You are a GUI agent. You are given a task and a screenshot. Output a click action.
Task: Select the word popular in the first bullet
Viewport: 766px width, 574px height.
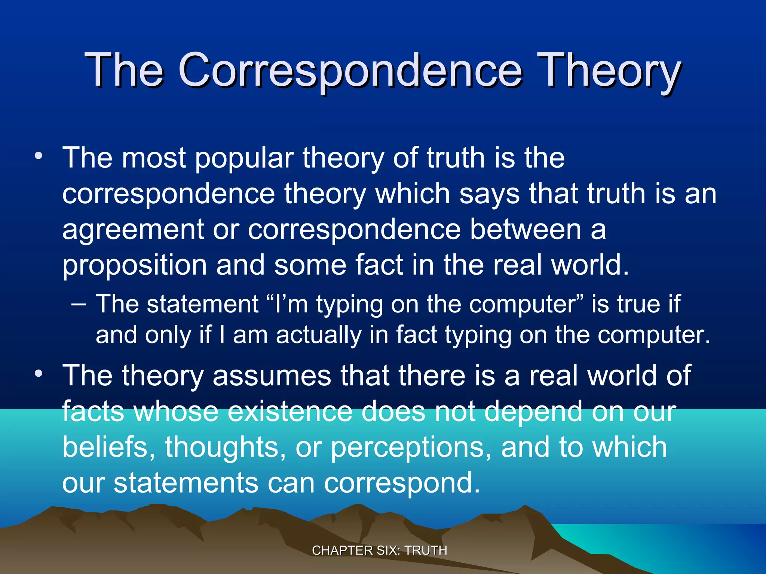tap(244, 158)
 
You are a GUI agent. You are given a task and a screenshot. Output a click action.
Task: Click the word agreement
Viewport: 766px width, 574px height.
tap(133, 230)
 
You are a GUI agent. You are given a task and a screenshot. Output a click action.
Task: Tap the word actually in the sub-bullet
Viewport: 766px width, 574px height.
tap(319, 335)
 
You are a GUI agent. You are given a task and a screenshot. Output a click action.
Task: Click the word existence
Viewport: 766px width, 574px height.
tap(289, 411)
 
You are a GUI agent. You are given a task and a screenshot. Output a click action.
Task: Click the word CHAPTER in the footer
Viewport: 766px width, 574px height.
tap(342, 550)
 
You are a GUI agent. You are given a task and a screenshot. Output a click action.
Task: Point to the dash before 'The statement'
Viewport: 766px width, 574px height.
tap(78, 303)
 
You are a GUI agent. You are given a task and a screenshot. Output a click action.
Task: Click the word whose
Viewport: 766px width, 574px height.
tap(175, 411)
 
